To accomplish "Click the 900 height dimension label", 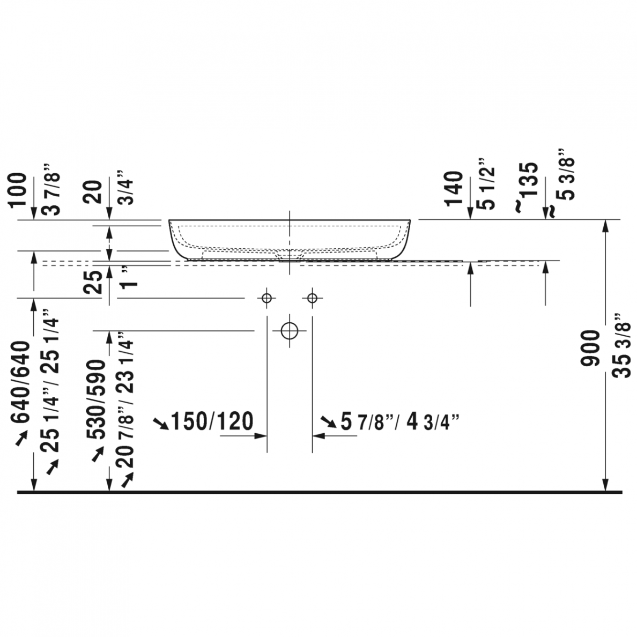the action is pyautogui.click(x=590, y=348).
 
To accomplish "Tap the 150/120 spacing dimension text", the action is pyautogui.click(x=212, y=421).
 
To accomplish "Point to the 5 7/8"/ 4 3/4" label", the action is pyautogui.click(x=400, y=421).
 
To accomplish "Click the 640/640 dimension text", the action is pyautogui.click(x=20, y=382).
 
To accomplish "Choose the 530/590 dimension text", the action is pyautogui.click(x=96, y=399).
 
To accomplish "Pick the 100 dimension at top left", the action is pyautogui.click(x=18, y=190).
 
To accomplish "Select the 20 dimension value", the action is pyautogui.click(x=93, y=192).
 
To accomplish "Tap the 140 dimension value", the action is pyautogui.click(x=454, y=189).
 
